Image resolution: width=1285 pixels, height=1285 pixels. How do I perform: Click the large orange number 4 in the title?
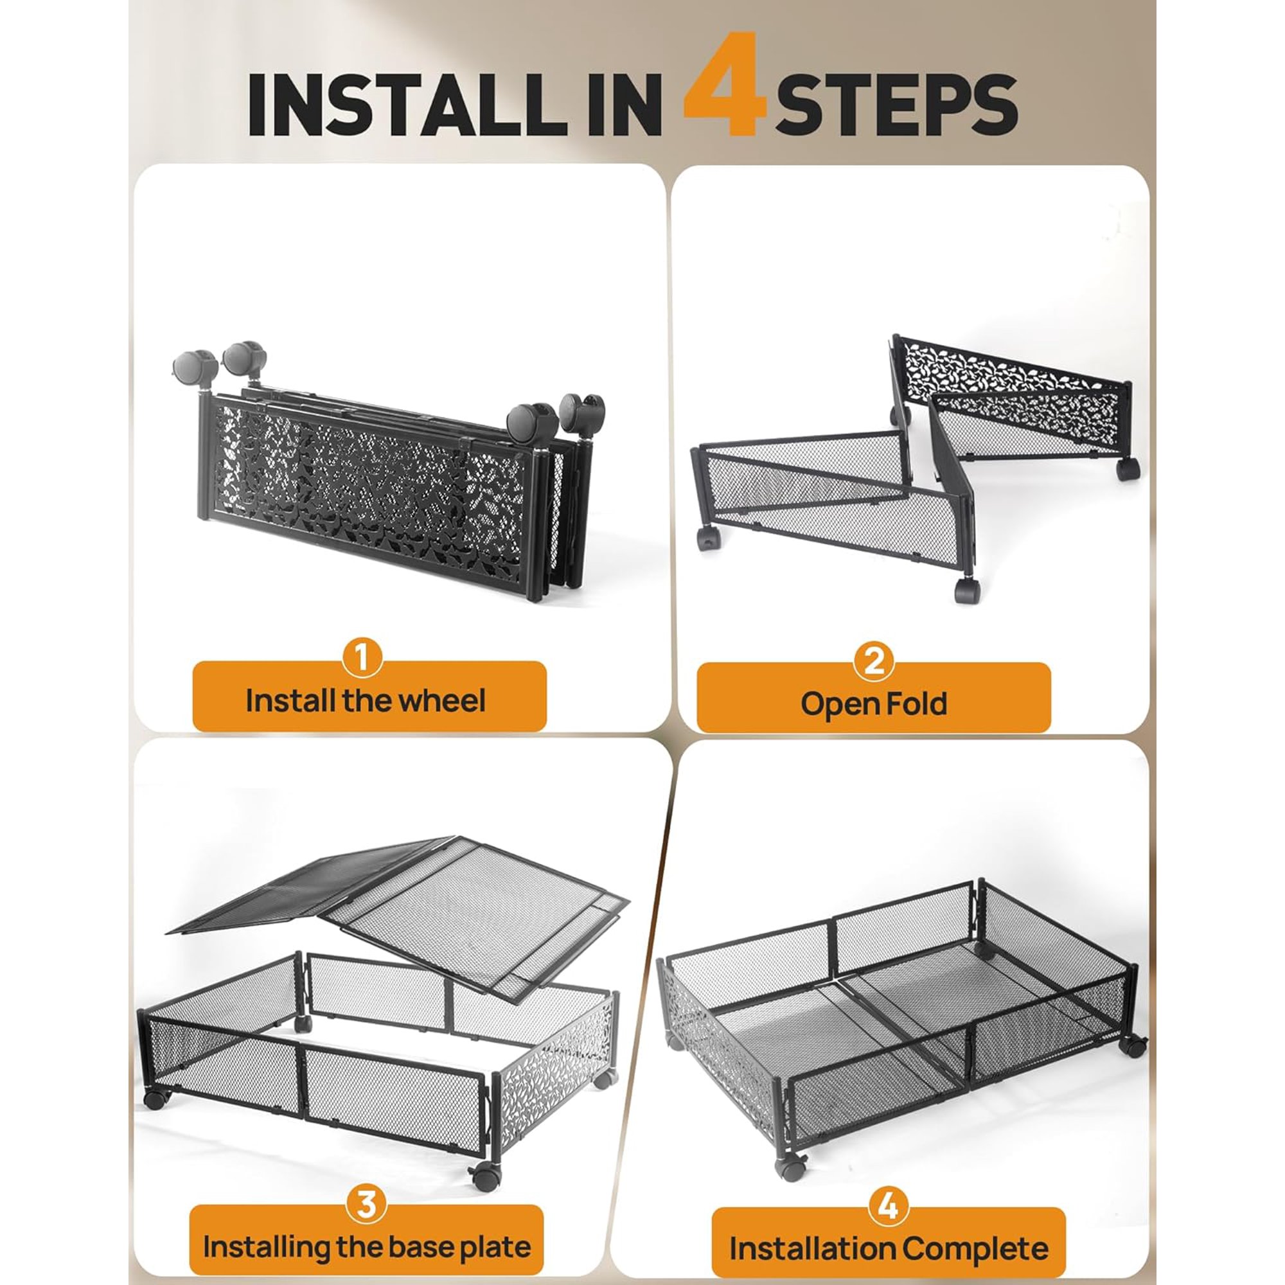pyautogui.click(x=725, y=84)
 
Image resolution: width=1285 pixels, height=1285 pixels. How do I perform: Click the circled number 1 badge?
pyautogui.click(x=362, y=658)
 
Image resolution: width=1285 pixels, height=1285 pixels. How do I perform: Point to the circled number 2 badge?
pyautogui.click(x=873, y=661)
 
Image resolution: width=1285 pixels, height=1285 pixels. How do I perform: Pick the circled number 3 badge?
pyautogui.click(x=366, y=1149)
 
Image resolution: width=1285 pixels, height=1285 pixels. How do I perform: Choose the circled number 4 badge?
pyautogui.click(x=889, y=1150)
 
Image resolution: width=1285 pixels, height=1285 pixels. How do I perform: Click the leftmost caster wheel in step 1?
pyautogui.click(x=195, y=368)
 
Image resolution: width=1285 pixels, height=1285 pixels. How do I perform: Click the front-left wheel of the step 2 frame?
pyautogui.click(x=707, y=537)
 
